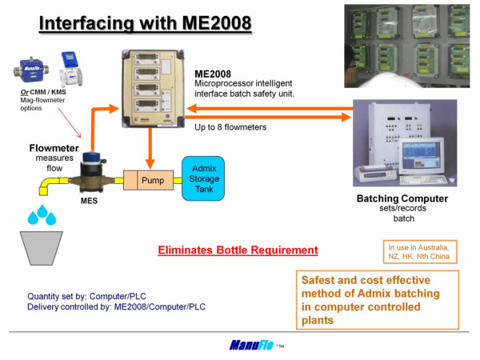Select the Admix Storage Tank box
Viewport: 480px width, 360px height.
[x=203, y=178]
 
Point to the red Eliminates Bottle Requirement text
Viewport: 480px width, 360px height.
[x=238, y=250]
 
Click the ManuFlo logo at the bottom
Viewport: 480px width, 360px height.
[x=250, y=345]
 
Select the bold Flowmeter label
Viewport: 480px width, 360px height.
[x=54, y=149]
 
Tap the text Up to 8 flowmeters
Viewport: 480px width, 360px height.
[x=230, y=127]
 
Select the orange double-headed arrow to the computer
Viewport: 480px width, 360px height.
[x=272, y=117]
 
